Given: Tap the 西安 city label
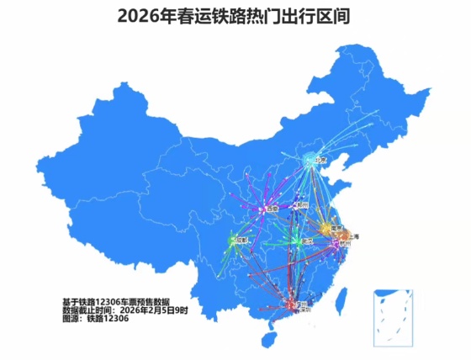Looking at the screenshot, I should [x=271, y=209].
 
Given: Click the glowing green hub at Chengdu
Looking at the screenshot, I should [x=233, y=241].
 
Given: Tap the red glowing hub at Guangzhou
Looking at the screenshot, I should [x=292, y=304].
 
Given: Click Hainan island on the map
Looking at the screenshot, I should [x=268, y=338].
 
